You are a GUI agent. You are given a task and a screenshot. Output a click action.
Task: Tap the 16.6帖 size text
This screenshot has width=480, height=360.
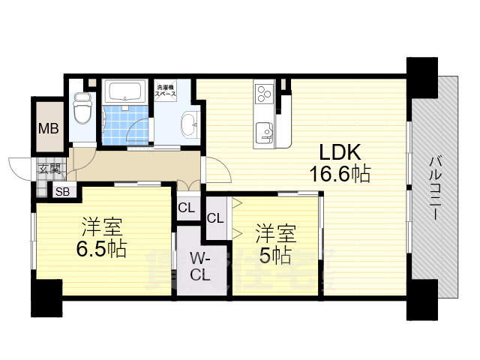tap(339, 175)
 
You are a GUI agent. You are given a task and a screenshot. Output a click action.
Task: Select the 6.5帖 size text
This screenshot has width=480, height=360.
tap(100, 247)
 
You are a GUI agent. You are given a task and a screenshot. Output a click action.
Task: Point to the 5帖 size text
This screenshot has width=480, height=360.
tap(275, 254)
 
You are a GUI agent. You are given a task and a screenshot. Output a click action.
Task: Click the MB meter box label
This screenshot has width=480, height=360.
tap(48, 128)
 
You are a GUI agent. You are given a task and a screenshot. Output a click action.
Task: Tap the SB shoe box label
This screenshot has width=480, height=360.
tap(63, 191)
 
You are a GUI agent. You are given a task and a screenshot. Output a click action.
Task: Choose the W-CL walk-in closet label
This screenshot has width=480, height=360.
tap(199, 266)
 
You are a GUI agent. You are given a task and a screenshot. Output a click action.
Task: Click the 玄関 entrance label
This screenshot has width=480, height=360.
tap(49, 169)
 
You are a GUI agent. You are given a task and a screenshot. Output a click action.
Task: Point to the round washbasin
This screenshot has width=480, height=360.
tap(190, 122)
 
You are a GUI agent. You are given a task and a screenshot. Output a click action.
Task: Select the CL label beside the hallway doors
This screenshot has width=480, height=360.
tap(185, 208)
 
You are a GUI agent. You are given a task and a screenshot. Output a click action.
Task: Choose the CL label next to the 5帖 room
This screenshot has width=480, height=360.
tap(215, 219)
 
